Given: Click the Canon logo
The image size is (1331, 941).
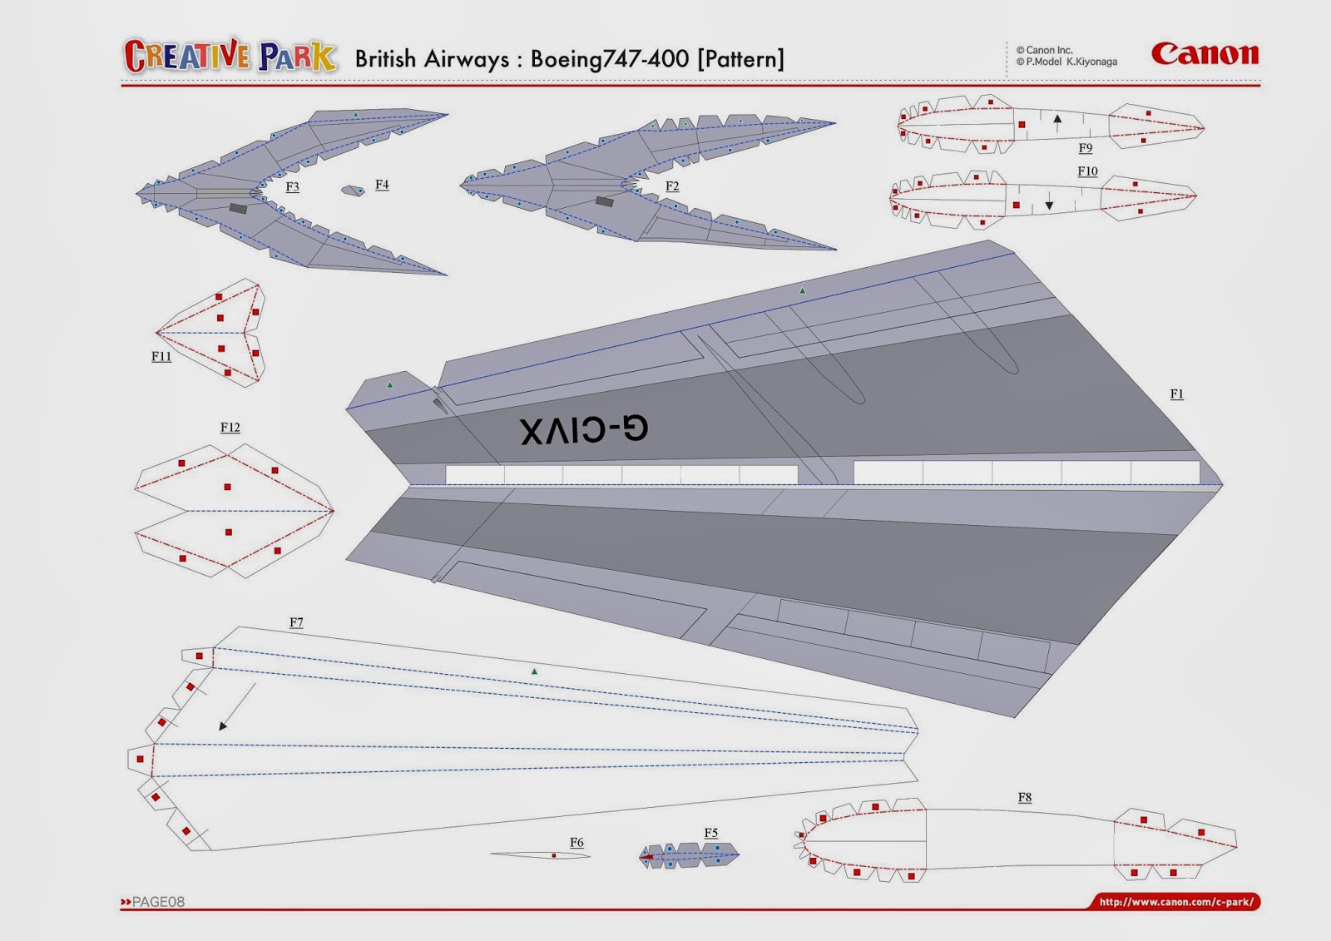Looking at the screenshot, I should click(x=1205, y=54).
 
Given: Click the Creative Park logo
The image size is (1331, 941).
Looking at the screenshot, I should click(x=230, y=57).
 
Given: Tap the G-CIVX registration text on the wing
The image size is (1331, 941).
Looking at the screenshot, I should click(x=584, y=430).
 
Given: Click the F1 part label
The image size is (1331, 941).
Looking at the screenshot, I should click(x=1176, y=394).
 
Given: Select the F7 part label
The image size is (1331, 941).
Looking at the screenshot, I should click(x=296, y=622).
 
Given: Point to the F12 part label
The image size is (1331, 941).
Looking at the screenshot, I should click(x=230, y=428).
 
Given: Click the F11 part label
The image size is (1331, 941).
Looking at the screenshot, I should click(x=161, y=357).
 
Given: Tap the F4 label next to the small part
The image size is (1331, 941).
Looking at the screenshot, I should click(x=382, y=185).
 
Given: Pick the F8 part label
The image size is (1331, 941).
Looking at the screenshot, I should click(x=1025, y=797).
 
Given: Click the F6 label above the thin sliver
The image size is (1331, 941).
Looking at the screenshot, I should click(x=576, y=843).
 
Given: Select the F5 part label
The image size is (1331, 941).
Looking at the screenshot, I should click(x=710, y=833).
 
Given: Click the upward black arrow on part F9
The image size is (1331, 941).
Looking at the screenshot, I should click(x=1057, y=120).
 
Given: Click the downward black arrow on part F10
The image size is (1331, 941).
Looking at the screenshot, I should click(x=1049, y=205).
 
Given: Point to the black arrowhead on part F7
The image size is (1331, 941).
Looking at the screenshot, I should click(x=223, y=726).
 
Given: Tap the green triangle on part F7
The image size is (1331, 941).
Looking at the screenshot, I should click(x=534, y=671).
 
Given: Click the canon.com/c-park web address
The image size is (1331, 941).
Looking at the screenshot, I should click(x=1175, y=902).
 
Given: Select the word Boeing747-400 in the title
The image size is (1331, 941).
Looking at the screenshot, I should click(x=609, y=59).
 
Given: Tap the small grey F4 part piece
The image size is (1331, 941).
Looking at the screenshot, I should click(x=353, y=191).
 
